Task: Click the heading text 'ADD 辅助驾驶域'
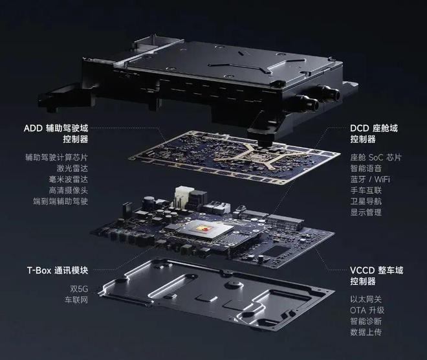click(x=56, y=128)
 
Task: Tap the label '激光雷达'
click(x=72, y=168)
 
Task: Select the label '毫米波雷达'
click(x=69, y=179)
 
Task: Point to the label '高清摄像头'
click(x=69, y=190)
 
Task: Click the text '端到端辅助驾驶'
click(x=60, y=201)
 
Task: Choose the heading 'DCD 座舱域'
click(x=374, y=128)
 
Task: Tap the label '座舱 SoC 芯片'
click(x=376, y=157)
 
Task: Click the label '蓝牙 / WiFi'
click(x=370, y=179)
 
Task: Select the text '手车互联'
click(x=366, y=190)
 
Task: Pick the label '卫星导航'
click(x=366, y=201)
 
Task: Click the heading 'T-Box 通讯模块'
click(x=58, y=271)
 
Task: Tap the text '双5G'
click(x=79, y=289)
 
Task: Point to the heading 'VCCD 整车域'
click(x=377, y=271)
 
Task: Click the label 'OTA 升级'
click(x=367, y=310)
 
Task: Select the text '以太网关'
click(x=366, y=299)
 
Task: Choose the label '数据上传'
click(x=366, y=332)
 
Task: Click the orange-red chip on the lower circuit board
click(x=203, y=229)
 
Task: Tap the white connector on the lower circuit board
click(x=182, y=197)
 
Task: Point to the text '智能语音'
click(x=366, y=168)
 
